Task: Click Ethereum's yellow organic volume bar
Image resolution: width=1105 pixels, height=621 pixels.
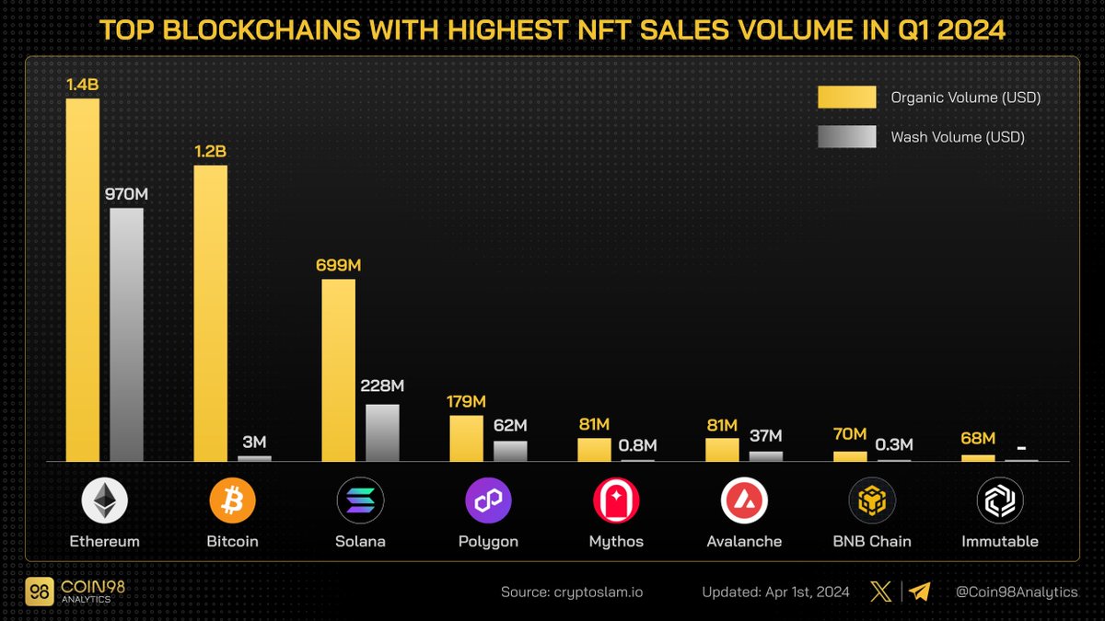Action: tap(83, 280)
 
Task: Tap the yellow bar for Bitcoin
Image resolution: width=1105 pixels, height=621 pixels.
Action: tap(210, 313)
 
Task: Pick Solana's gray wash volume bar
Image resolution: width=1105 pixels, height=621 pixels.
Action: tap(382, 432)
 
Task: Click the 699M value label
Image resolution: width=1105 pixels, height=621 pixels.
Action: tap(338, 266)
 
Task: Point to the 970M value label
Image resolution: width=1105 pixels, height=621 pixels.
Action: tap(126, 195)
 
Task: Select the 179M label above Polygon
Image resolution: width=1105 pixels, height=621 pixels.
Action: tap(466, 402)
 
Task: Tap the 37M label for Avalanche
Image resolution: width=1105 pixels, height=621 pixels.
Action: tap(765, 436)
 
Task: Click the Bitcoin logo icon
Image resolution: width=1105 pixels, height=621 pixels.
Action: tap(232, 501)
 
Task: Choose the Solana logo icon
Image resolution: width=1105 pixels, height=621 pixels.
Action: tap(360, 501)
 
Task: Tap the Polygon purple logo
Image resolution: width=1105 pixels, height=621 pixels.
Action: tap(488, 501)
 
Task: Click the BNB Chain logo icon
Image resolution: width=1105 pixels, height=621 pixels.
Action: tap(872, 501)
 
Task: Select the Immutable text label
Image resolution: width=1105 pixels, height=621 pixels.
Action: tap(1000, 542)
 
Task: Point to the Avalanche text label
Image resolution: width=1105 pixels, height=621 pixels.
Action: tap(744, 542)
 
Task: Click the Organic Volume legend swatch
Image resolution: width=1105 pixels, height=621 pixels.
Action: tap(846, 98)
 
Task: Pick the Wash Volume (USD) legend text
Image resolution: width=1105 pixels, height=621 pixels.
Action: tap(958, 137)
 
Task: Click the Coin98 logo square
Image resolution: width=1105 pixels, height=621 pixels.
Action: tap(40, 592)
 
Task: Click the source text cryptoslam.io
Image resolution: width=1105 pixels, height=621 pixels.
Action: tap(572, 592)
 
